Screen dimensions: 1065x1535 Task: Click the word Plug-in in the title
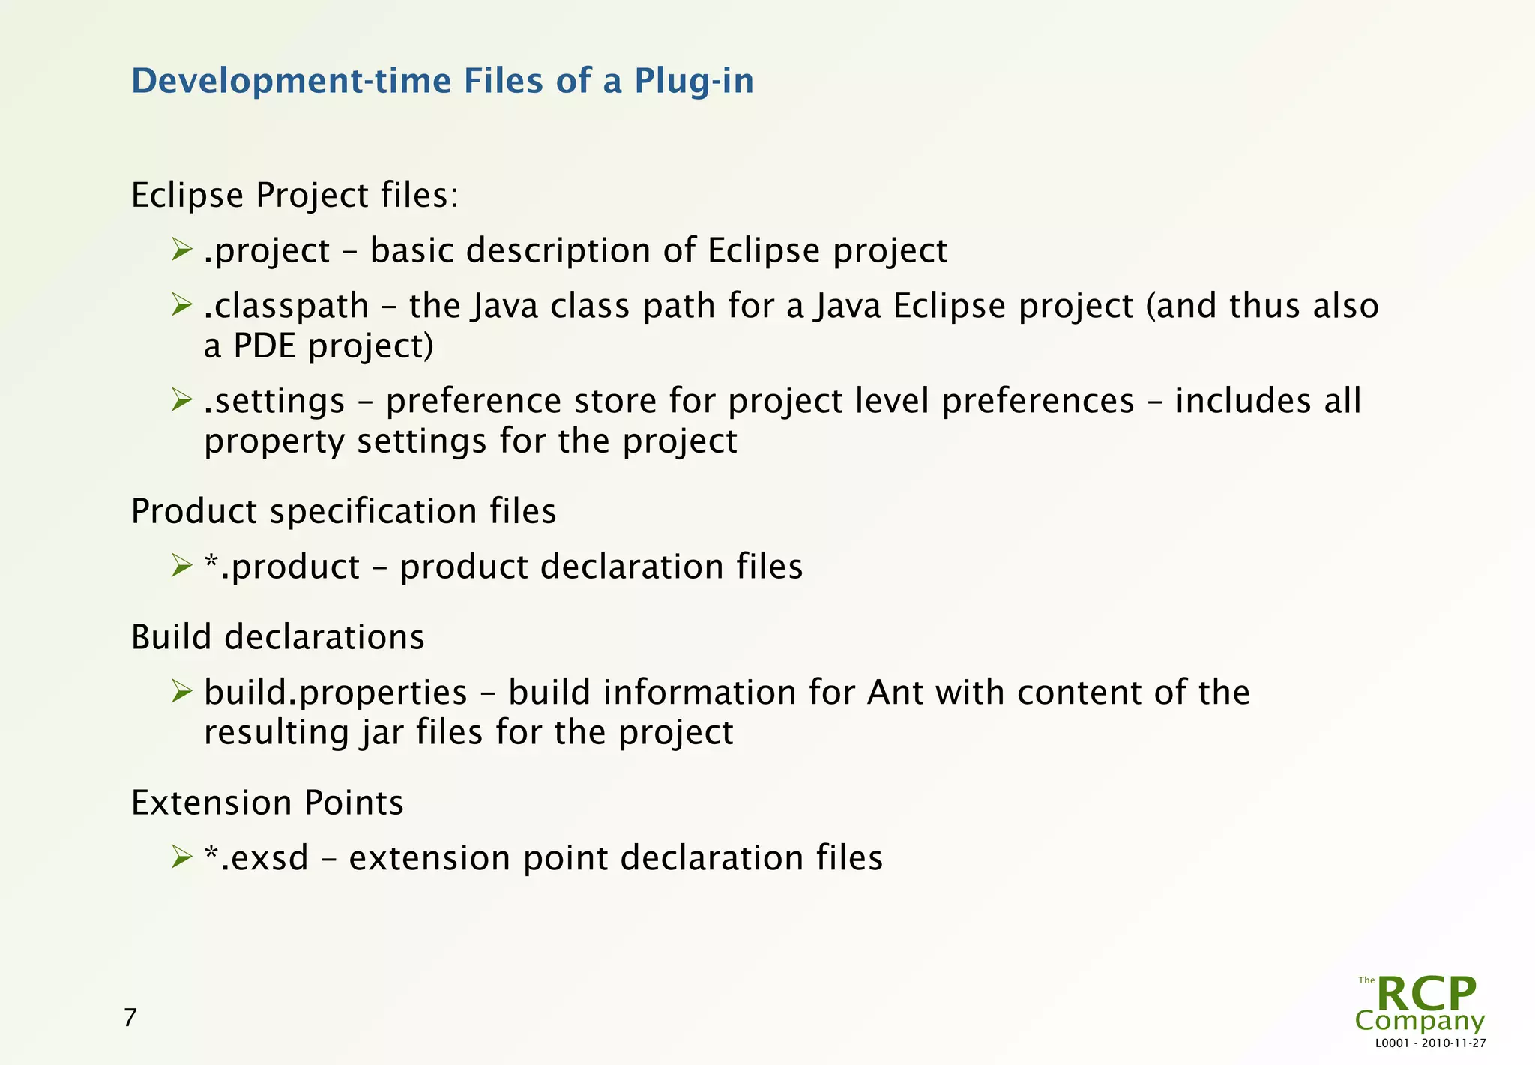(693, 82)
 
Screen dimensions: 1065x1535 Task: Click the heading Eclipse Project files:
(295, 196)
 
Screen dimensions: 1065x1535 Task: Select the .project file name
(267, 251)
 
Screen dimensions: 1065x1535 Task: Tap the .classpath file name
(286, 307)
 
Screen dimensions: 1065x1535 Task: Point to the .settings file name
(274, 402)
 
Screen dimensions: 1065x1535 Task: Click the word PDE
(265, 346)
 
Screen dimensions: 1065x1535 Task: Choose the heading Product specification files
(343, 512)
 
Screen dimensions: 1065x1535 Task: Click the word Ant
(896, 693)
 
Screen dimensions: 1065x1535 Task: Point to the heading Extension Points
(267, 803)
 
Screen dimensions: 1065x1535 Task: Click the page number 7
(130, 1018)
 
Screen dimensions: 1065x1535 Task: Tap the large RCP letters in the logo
(1426, 995)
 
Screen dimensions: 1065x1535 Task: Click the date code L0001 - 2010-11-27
(1430, 1043)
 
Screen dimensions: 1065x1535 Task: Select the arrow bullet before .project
(181, 250)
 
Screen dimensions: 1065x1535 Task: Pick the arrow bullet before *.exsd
(181, 857)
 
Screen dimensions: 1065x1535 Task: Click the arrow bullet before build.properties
(181, 691)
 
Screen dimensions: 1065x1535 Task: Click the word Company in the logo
(1420, 1021)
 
